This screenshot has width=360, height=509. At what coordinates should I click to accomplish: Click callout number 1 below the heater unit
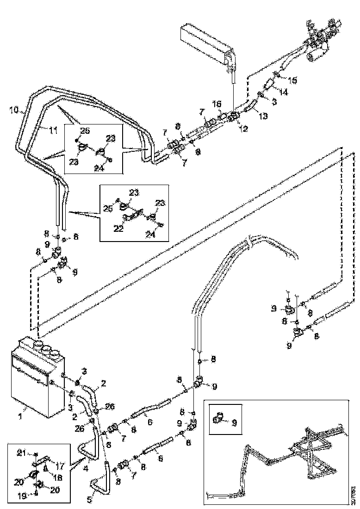click(19, 416)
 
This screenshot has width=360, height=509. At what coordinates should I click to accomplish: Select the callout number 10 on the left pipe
click(14, 110)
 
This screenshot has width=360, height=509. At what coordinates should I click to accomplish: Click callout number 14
click(283, 93)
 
